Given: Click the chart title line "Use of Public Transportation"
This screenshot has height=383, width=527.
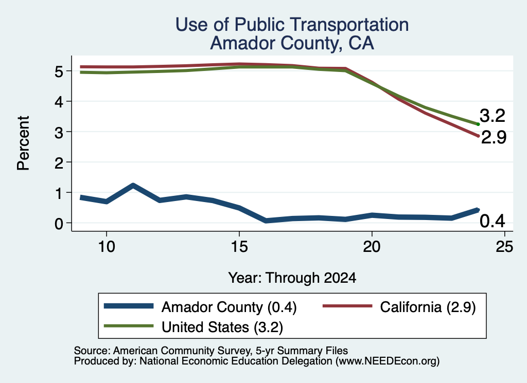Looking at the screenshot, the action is pyautogui.click(x=292, y=25).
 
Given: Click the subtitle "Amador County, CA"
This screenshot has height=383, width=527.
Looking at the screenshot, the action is pyautogui.click(x=292, y=43).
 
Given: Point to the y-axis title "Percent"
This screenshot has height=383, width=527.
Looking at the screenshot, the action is pyautogui.click(x=23, y=143).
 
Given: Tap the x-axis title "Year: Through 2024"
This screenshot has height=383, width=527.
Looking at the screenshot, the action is pyautogui.click(x=292, y=278).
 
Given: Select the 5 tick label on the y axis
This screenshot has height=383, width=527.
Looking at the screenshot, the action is pyautogui.click(x=59, y=71).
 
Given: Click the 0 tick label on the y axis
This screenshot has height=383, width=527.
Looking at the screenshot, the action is pyautogui.click(x=59, y=224).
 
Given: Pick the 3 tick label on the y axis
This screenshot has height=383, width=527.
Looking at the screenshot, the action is pyautogui.click(x=59, y=132).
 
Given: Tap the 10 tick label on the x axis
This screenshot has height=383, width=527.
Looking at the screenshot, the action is pyautogui.click(x=107, y=247).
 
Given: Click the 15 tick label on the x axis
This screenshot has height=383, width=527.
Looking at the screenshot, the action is pyautogui.click(x=239, y=247).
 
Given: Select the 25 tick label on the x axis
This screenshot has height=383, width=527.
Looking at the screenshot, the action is pyautogui.click(x=504, y=247).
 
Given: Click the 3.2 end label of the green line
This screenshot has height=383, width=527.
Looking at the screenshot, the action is pyautogui.click(x=493, y=116).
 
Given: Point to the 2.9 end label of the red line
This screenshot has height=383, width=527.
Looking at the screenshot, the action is pyautogui.click(x=494, y=137).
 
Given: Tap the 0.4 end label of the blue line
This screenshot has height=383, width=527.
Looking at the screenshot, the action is pyautogui.click(x=493, y=221).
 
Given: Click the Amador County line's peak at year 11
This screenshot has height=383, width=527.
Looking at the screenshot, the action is pyautogui.click(x=133, y=185).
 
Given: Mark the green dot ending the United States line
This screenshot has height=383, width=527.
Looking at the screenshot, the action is pyautogui.click(x=478, y=124).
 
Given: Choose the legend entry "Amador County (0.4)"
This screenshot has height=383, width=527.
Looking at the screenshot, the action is pyautogui.click(x=200, y=307).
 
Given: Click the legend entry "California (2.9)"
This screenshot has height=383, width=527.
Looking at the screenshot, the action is pyautogui.click(x=399, y=307).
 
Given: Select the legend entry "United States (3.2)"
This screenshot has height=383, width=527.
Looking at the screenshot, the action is pyautogui.click(x=194, y=327).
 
